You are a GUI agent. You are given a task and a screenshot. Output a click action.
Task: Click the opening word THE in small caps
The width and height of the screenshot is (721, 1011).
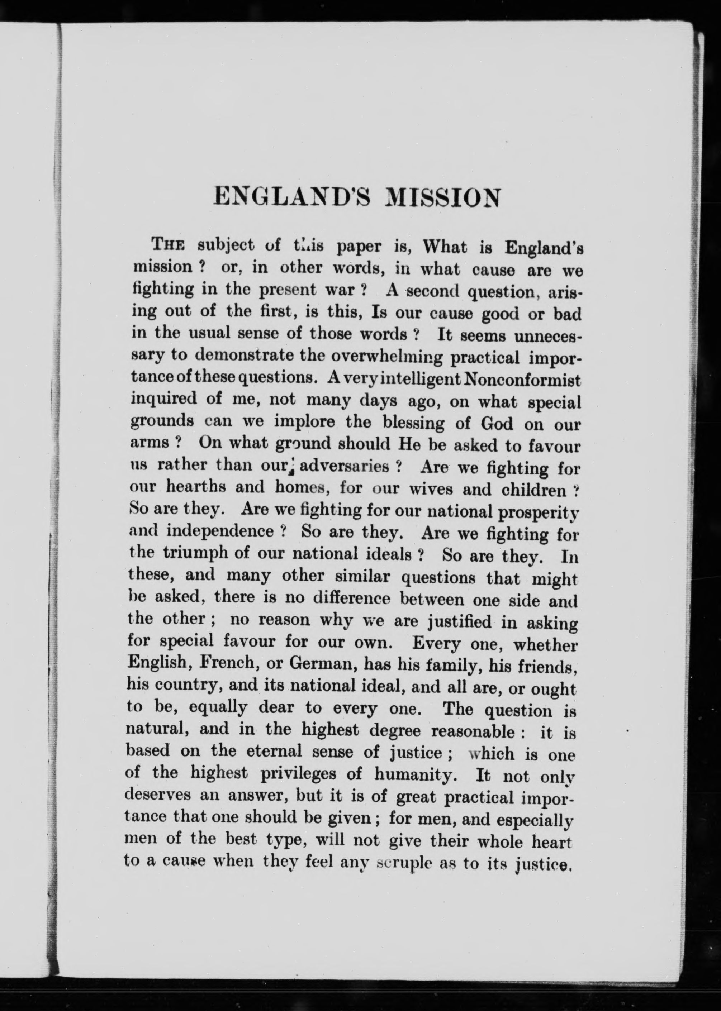coord(168,244)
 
